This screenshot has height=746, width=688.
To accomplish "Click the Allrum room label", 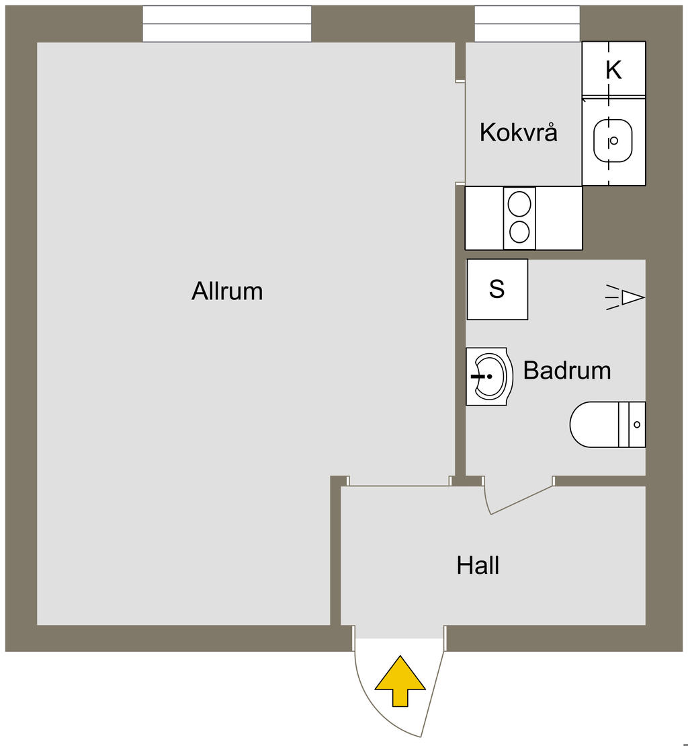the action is pos(227,291).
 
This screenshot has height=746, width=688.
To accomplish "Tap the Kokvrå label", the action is pos(518,133).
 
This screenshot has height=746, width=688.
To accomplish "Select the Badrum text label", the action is pos(567,370).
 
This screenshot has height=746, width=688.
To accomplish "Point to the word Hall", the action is pos(478,565).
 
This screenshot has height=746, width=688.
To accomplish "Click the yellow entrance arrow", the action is pos(400,680).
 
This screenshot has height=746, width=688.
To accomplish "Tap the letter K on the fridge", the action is pos(613,69).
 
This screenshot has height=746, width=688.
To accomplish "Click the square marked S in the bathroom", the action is pos(497,289).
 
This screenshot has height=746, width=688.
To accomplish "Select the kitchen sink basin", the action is pos(613,141).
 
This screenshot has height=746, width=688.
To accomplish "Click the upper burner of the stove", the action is pos(519,202).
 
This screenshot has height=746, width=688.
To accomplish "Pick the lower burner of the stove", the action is pos(519,232).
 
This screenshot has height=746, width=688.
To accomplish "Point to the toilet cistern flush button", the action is pos(637,424).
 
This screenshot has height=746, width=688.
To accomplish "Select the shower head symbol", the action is pos(632,297).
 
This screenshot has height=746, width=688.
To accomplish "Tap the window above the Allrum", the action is pos(227,24).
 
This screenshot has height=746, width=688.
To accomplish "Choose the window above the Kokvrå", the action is pos(527,24).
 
